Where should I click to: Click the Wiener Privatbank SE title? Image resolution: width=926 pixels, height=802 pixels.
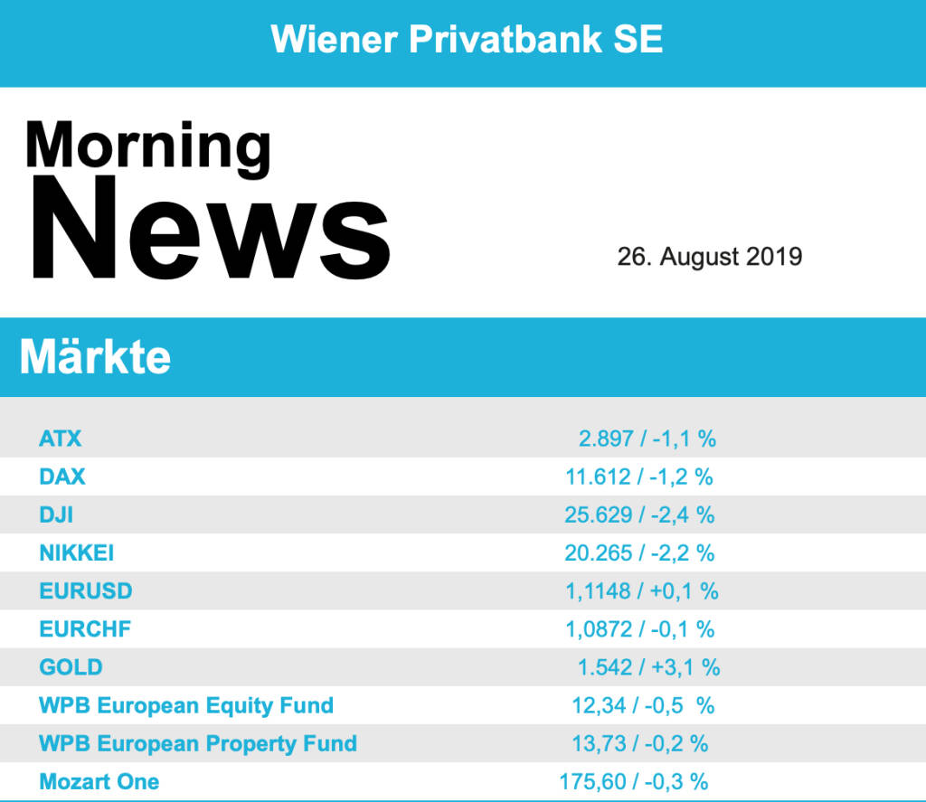point(467,39)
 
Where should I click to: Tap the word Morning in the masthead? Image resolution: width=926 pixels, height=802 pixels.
point(148,145)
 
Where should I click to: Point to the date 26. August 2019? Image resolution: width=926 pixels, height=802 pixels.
point(709,257)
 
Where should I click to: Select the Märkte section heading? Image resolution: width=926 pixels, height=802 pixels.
point(95,357)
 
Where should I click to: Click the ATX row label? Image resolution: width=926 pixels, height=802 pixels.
point(61,439)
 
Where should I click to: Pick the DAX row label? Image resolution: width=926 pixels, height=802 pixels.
point(62,477)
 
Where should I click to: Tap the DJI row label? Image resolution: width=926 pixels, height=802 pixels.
point(56,515)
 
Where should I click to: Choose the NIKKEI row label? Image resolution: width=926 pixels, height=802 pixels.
point(77,552)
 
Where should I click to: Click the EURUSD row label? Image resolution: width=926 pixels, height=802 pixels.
point(86,591)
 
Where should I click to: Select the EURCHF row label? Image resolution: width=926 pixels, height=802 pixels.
point(85,629)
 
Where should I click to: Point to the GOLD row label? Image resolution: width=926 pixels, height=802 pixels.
point(71,667)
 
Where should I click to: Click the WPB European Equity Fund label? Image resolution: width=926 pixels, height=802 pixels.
point(186,705)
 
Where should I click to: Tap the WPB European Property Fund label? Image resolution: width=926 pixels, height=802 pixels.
point(198,744)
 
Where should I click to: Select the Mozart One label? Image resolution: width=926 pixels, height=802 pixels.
point(99,782)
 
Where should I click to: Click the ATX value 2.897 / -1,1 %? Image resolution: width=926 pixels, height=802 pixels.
point(647,439)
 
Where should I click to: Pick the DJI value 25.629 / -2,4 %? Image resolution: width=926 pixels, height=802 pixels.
point(639,515)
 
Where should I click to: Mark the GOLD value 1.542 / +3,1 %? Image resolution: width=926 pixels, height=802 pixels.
point(648,667)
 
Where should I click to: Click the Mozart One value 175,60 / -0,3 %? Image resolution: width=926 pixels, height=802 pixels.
point(634,782)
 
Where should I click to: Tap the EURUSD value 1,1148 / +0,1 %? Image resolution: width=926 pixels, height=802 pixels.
point(641,591)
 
